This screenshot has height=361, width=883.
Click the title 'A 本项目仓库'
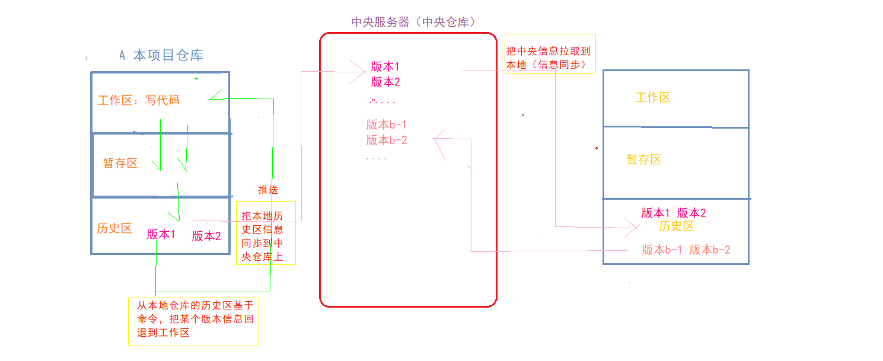[x=161, y=56]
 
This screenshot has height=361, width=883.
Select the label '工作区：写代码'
[x=138, y=100]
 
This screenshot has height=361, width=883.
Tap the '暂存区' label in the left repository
[x=120, y=163]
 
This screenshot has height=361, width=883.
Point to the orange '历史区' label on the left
[x=114, y=228]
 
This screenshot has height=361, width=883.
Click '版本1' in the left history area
[x=161, y=234]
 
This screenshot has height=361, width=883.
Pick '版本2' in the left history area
[x=206, y=236]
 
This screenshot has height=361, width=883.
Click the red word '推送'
[x=268, y=190]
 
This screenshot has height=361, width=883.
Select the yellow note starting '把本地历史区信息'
[x=266, y=233]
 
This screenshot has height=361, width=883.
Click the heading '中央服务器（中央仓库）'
[x=414, y=23]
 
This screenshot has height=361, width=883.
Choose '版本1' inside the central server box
[x=385, y=66]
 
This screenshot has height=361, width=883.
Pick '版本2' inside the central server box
[x=385, y=82]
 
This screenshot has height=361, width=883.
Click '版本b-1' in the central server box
[x=387, y=124]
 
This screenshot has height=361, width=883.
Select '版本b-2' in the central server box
[x=387, y=140]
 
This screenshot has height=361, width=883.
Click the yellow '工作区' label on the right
[x=653, y=98]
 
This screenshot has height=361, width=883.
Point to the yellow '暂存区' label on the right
[x=644, y=159]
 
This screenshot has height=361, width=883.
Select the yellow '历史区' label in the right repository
[x=676, y=226]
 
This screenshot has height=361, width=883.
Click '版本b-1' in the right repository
[x=662, y=250]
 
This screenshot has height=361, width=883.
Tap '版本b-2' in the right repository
[x=710, y=250]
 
